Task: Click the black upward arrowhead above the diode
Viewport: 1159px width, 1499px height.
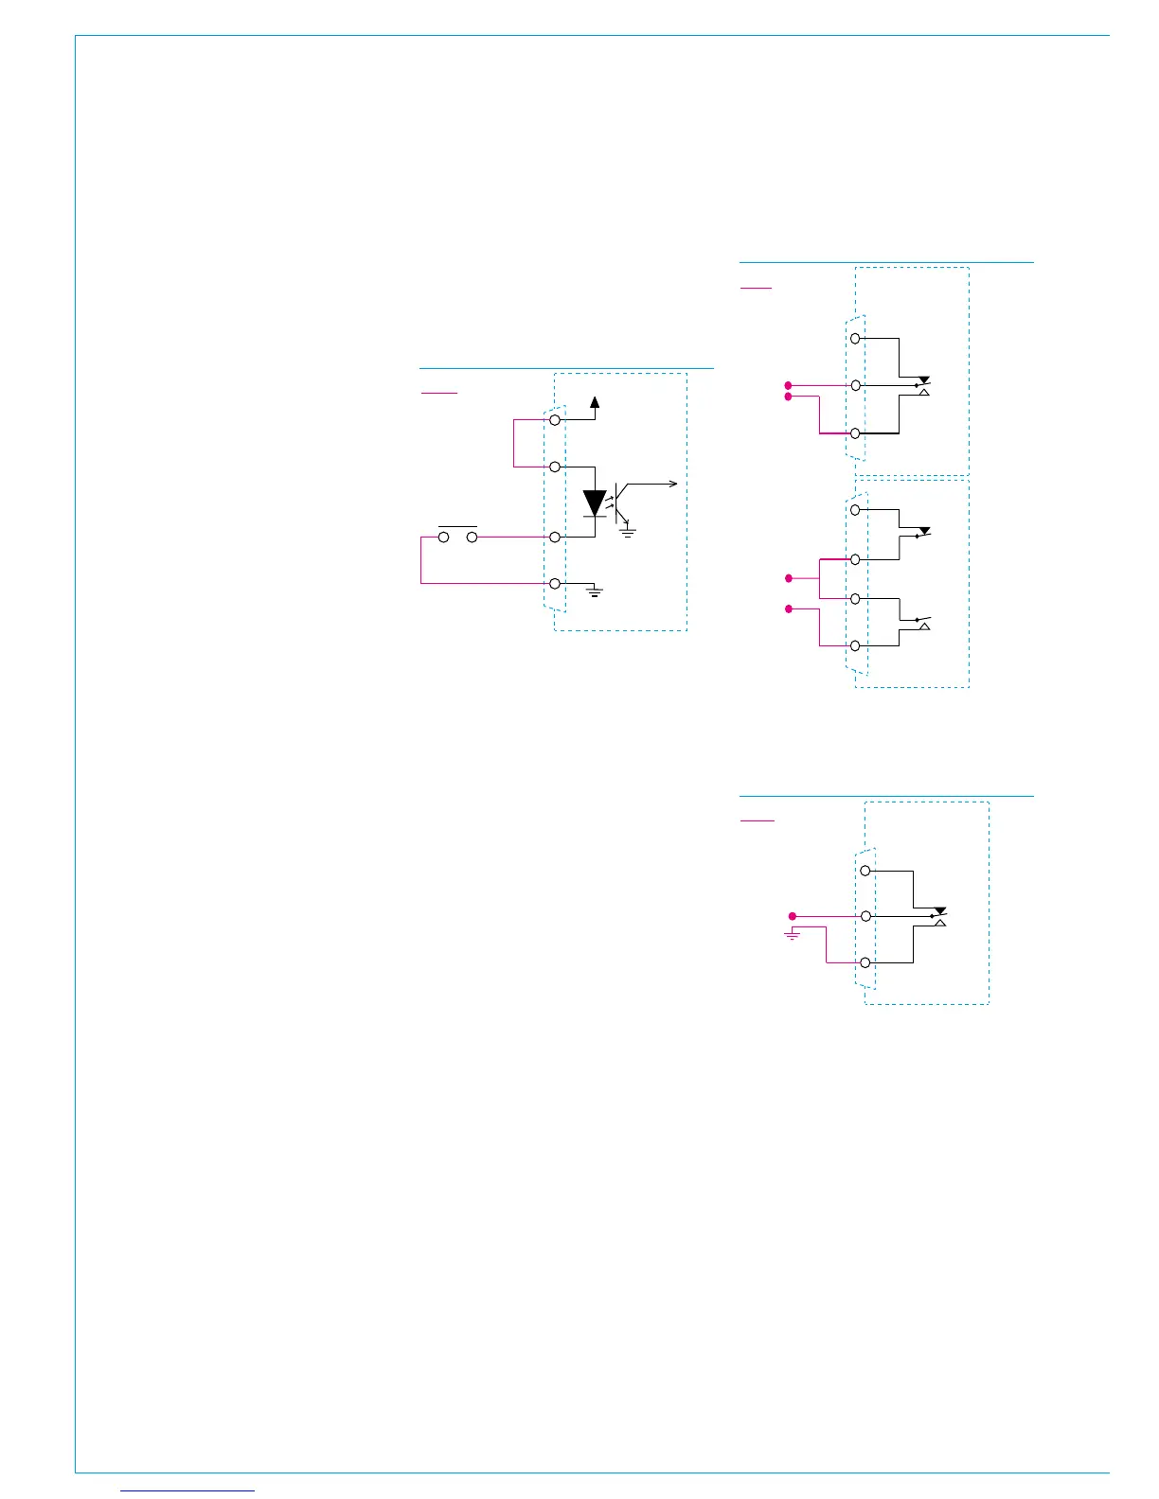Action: click(595, 402)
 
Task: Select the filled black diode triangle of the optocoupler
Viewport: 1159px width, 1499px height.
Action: click(595, 503)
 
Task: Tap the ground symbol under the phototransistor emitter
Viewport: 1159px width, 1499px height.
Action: click(627, 533)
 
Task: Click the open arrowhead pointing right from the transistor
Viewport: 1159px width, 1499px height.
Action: click(673, 484)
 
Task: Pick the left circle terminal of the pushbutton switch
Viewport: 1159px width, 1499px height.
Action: click(443, 538)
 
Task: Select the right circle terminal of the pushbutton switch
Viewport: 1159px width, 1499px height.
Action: click(472, 538)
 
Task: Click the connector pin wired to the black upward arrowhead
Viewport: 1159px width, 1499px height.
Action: click(555, 419)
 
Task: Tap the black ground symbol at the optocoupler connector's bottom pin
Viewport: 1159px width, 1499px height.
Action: click(595, 593)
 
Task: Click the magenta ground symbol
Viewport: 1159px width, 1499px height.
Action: click(793, 935)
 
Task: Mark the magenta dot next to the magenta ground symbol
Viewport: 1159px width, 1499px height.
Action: click(793, 916)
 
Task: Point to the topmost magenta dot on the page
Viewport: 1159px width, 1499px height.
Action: click(788, 385)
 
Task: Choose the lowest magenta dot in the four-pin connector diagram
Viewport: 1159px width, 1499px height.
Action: click(788, 608)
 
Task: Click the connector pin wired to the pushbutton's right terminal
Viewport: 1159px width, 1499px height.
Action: click(555, 537)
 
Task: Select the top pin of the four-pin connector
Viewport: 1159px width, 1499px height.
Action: click(855, 510)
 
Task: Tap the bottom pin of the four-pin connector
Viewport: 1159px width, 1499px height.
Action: click(855, 645)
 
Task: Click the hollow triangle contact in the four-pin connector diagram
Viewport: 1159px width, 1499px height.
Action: click(925, 626)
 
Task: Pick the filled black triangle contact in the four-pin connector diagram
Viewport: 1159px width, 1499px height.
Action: click(925, 531)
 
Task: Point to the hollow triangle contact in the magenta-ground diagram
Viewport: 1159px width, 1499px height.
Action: click(939, 922)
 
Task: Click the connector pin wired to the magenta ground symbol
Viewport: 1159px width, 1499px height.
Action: click(865, 962)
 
